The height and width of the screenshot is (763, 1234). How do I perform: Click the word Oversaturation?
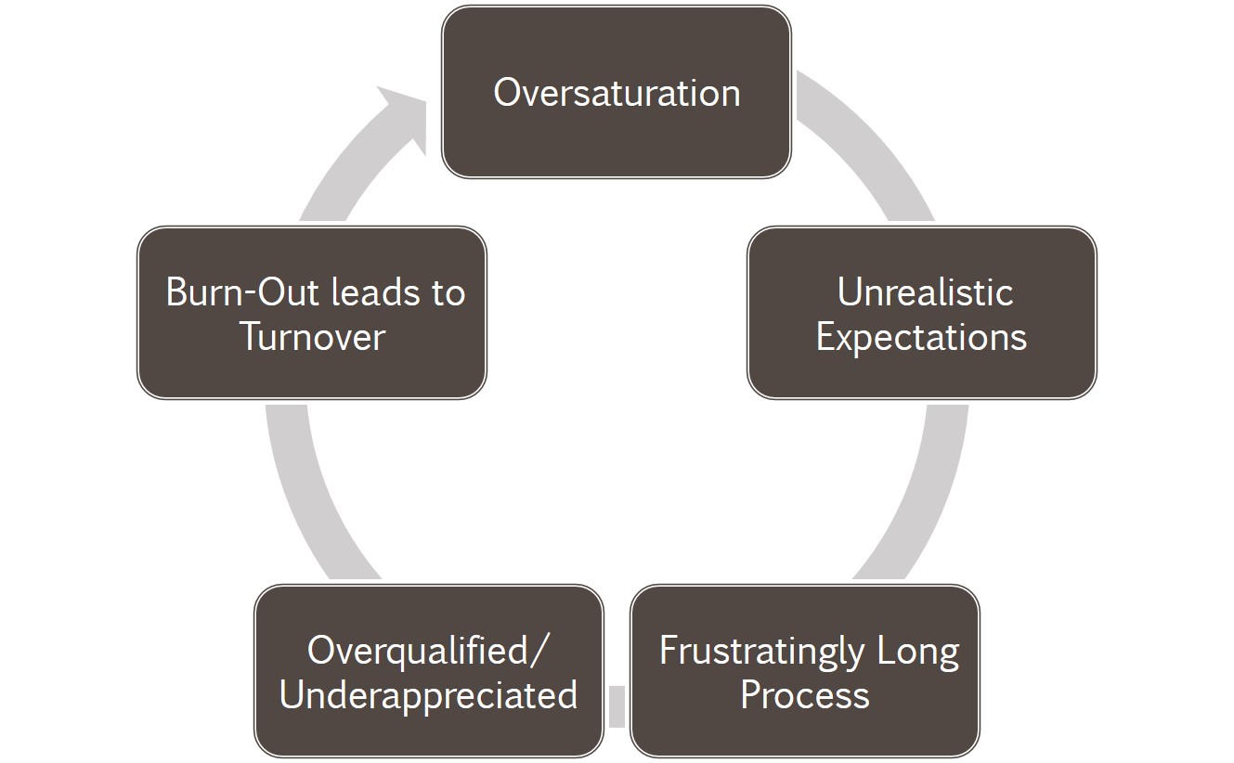coord(617,93)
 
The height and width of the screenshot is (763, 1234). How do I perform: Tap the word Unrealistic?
coord(925,292)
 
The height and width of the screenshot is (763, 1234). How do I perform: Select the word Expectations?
coord(922,337)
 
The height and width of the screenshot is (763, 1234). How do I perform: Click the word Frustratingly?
coord(761,653)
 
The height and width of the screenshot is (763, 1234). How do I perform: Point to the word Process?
coord(805,695)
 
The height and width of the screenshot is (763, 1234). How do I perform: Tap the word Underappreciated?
coord(429,696)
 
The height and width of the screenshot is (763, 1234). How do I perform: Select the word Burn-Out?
coord(241,292)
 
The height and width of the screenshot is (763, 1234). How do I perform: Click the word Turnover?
coord(312,337)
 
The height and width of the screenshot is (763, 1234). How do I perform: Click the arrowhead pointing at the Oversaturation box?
coord(405,117)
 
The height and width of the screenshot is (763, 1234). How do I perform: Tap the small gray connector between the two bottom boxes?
coord(617,706)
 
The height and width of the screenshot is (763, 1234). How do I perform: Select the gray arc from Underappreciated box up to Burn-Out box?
coord(300,496)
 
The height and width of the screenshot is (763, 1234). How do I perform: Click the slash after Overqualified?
coord(539,652)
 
